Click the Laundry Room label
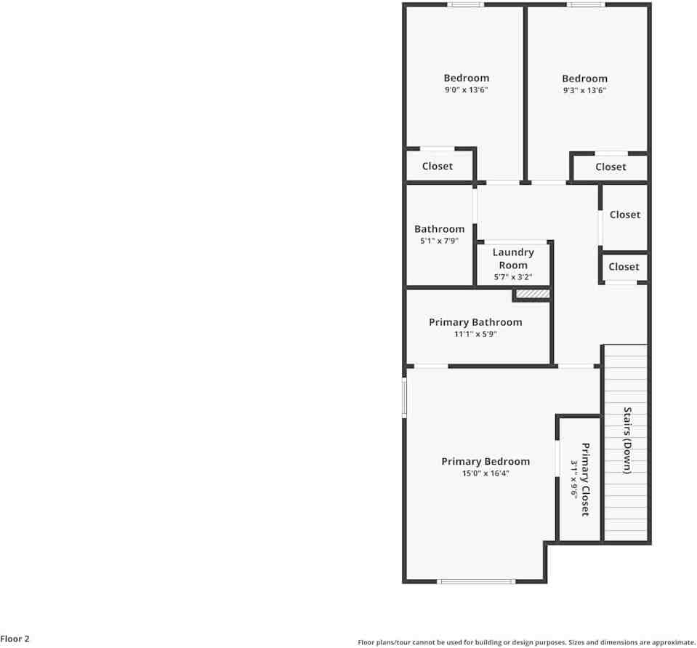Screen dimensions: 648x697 513,259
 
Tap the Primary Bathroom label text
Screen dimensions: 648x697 475,322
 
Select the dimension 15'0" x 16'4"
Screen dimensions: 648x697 486,473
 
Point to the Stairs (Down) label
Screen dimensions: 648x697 627,440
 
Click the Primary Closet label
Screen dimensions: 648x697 585,479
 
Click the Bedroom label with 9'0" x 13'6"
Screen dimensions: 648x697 467,78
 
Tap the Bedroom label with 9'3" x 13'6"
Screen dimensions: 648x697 584,79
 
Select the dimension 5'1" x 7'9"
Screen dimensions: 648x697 439,241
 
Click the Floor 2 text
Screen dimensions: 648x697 15,639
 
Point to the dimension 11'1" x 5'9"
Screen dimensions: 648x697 475,335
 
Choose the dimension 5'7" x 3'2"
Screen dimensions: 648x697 513,277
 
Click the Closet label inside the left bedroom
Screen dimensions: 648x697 438,166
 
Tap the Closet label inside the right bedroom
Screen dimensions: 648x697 611,167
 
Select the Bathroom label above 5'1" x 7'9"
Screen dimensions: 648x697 439,229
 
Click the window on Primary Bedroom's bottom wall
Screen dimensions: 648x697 476,581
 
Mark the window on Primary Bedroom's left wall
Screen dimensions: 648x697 405,397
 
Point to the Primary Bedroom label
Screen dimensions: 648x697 486,461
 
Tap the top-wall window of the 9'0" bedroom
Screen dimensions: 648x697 465,5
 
